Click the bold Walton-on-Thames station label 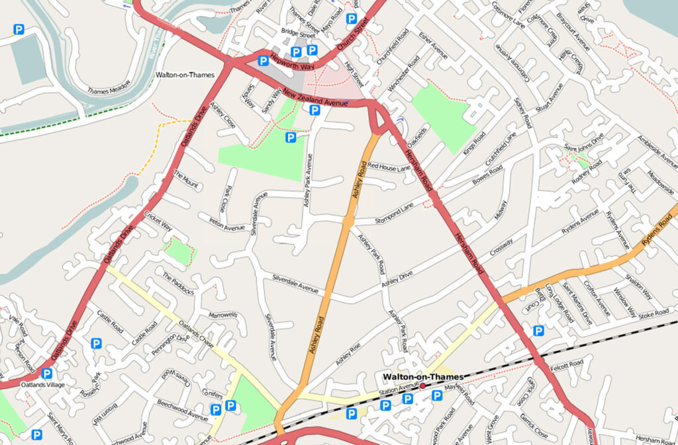pyautogui.click(x=423, y=377)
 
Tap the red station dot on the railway pyautogui.click(x=422, y=385)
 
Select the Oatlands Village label pyautogui.click(x=41, y=384)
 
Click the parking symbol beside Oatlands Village pyautogui.click(x=47, y=374)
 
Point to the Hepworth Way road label pyautogui.click(x=291, y=63)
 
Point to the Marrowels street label pyautogui.click(x=222, y=315)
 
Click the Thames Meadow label pyautogui.click(x=109, y=91)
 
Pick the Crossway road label pyautogui.click(x=502, y=249)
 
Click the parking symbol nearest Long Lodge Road pyautogui.click(x=539, y=331)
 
